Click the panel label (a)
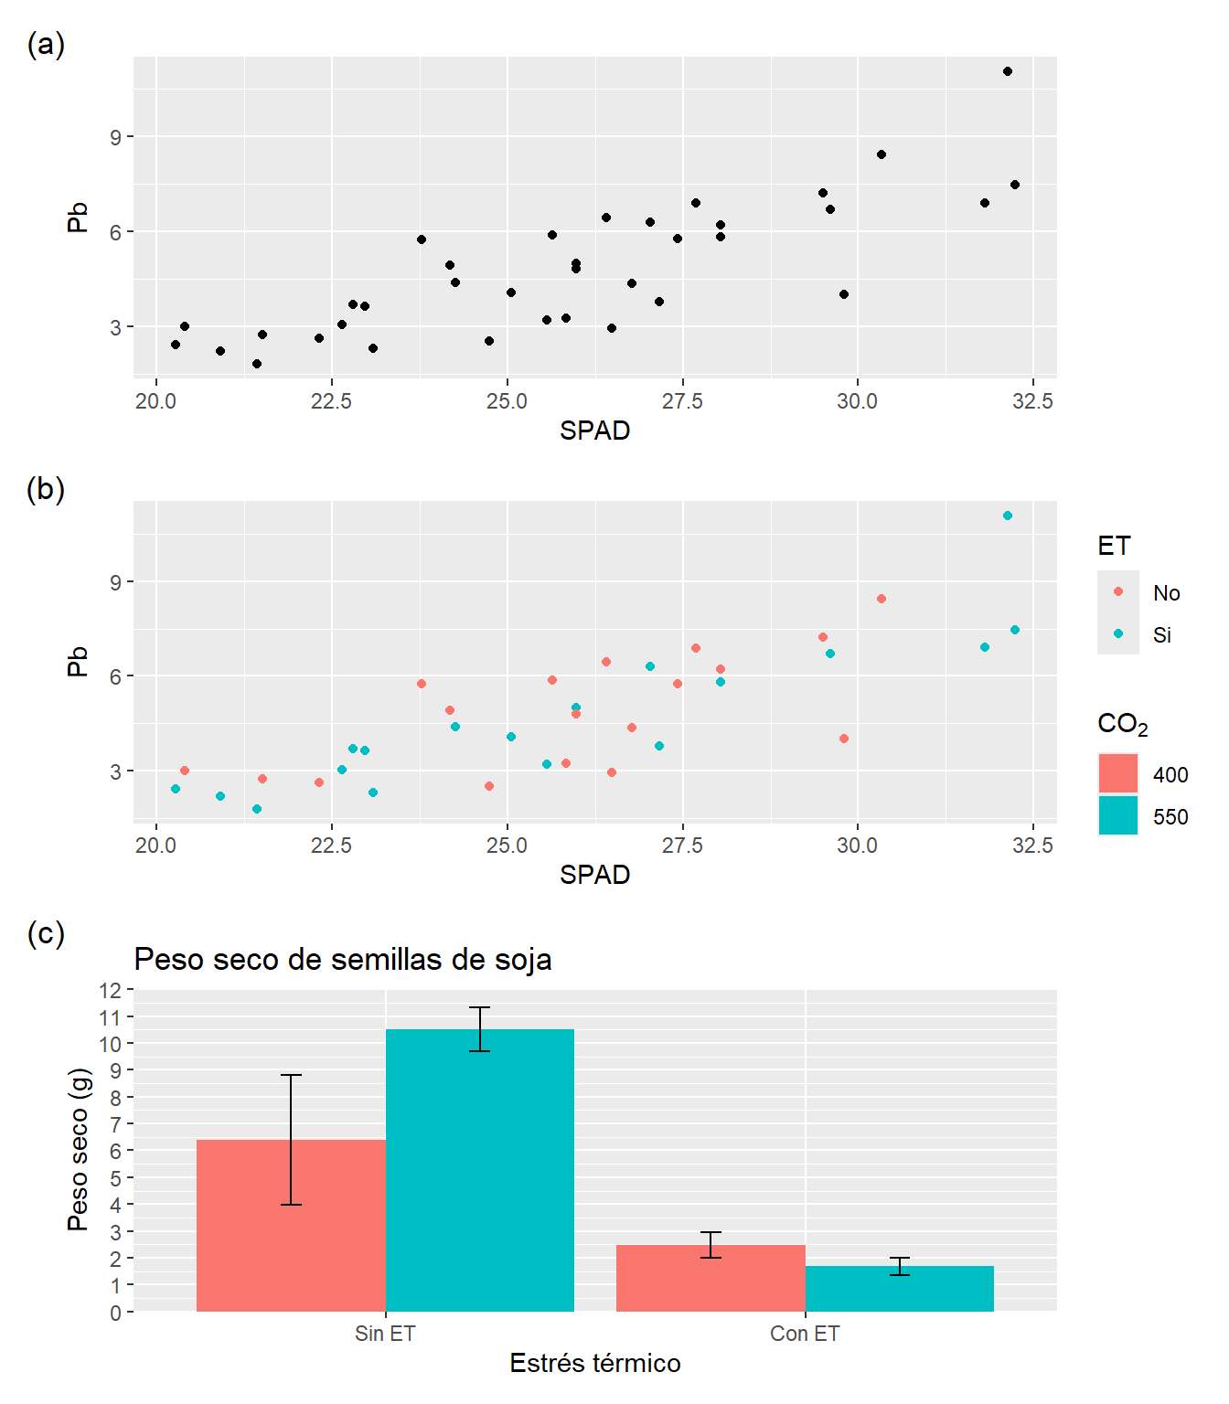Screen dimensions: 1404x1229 [46, 44]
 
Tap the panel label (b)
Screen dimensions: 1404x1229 [46, 489]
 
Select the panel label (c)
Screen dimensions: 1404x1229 [46, 933]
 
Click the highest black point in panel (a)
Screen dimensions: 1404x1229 [1008, 71]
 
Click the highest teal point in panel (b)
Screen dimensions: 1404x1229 [1008, 516]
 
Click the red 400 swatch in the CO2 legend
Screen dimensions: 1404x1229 [1117, 773]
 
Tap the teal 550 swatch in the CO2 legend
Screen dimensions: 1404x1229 [1117, 815]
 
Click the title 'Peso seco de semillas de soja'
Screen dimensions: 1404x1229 [343, 960]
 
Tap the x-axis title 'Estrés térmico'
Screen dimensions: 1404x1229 [595, 1363]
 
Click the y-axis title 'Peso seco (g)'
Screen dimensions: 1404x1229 [79, 1149]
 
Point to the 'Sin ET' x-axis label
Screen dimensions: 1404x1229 [385, 1334]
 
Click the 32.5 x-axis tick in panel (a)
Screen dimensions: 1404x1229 [1032, 401]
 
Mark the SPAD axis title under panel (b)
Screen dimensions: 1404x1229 [595, 875]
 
